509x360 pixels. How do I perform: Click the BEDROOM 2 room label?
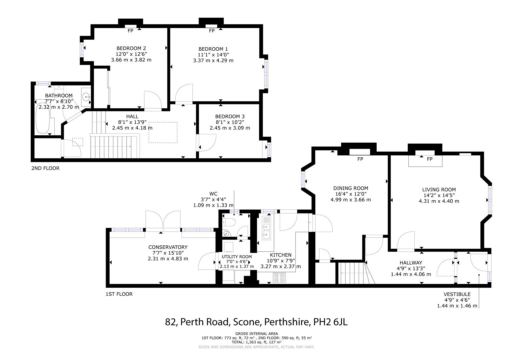[131, 48]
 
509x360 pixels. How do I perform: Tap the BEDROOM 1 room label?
[213, 49]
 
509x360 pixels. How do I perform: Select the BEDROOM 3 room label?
[230, 116]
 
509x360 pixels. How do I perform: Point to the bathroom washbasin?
[86, 97]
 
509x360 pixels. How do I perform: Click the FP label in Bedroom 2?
[130, 31]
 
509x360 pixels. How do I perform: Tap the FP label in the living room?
[430, 159]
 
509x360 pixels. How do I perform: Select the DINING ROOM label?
[351, 188]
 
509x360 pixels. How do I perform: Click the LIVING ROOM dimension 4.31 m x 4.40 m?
[439, 201]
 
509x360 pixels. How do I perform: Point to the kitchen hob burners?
[280, 277]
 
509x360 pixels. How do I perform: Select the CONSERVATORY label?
[168, 247]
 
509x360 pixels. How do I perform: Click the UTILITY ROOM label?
[237, 257]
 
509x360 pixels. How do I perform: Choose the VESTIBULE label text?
[457, 294]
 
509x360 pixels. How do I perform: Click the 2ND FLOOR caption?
[45, 168]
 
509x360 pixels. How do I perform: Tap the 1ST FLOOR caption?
[119, 294]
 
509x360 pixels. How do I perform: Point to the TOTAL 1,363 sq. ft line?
[256, 342]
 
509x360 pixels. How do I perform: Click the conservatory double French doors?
[163, 221]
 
